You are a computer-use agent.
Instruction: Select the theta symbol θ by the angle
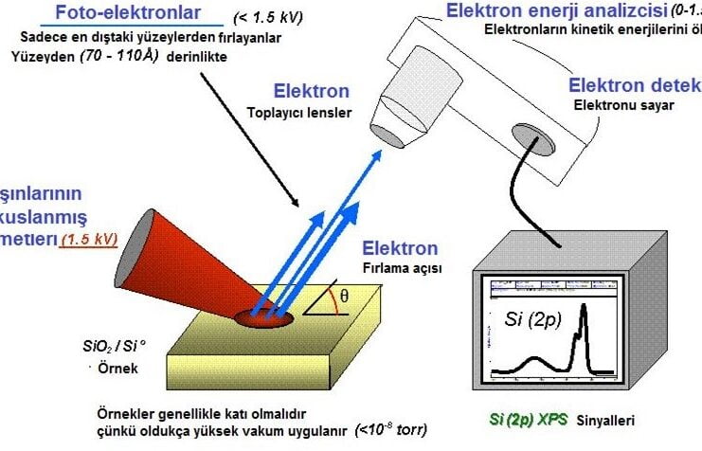(x=345, y=295)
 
